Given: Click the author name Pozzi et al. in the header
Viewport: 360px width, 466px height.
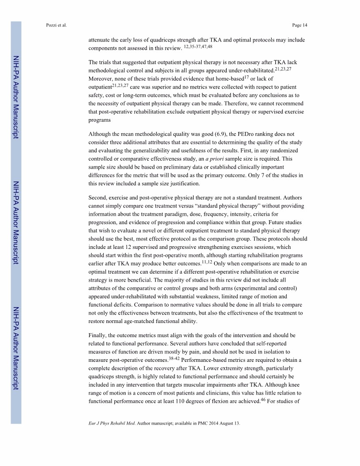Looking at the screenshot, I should coord(56,25).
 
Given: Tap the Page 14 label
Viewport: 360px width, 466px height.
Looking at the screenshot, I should coord(300,25).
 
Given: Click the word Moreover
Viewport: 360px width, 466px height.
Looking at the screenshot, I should coord(101,79).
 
